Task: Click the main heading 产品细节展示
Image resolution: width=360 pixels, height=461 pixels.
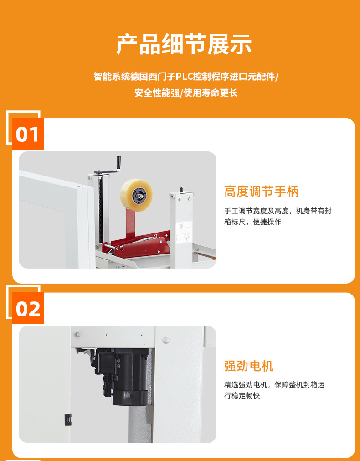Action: pos(184,44)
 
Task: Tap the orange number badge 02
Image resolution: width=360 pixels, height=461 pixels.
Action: pos(28,308)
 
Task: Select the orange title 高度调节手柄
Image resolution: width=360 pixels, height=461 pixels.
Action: pos(261,192)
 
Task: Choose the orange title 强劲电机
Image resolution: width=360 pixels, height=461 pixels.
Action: pos(249,366)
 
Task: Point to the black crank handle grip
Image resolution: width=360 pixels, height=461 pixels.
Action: pos(119,163)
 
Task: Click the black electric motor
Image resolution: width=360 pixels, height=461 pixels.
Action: pos(123,375)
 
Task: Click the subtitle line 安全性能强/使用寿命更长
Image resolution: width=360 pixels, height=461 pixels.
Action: pos(186,93)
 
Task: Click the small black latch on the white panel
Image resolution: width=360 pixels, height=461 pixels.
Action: pos(68,420)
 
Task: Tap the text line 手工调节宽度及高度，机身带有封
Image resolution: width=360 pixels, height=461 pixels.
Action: pos(278,211)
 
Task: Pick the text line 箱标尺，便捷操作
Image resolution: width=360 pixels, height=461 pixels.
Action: pos(253,222)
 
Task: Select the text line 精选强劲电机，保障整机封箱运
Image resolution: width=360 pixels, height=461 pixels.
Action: pos(274,384)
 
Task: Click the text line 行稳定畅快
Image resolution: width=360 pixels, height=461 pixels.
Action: pos(242,395)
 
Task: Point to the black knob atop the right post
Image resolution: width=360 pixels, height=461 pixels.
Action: pos(181,190)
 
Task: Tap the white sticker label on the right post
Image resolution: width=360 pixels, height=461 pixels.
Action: pos(184,232)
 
